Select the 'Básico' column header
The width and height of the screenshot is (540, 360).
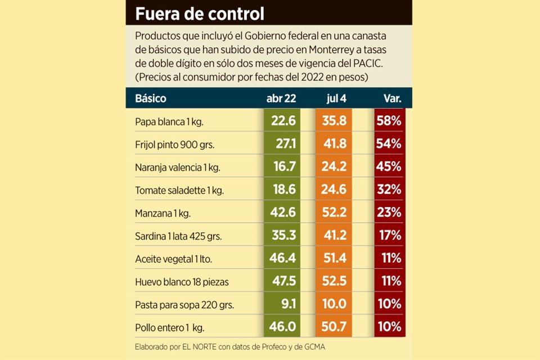point(150,98)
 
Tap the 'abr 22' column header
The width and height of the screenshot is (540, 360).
point(281,98)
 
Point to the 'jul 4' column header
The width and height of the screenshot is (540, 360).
point(336,98)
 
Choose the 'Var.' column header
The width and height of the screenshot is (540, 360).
point(392,98)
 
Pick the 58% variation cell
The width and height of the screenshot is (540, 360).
point(389,121)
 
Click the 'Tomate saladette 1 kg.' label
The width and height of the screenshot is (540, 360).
point(179,190)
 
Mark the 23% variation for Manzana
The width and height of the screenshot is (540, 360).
point(389,212)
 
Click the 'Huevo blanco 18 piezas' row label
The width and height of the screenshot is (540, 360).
point(182,281)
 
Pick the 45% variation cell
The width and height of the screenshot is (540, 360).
point(389,166)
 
